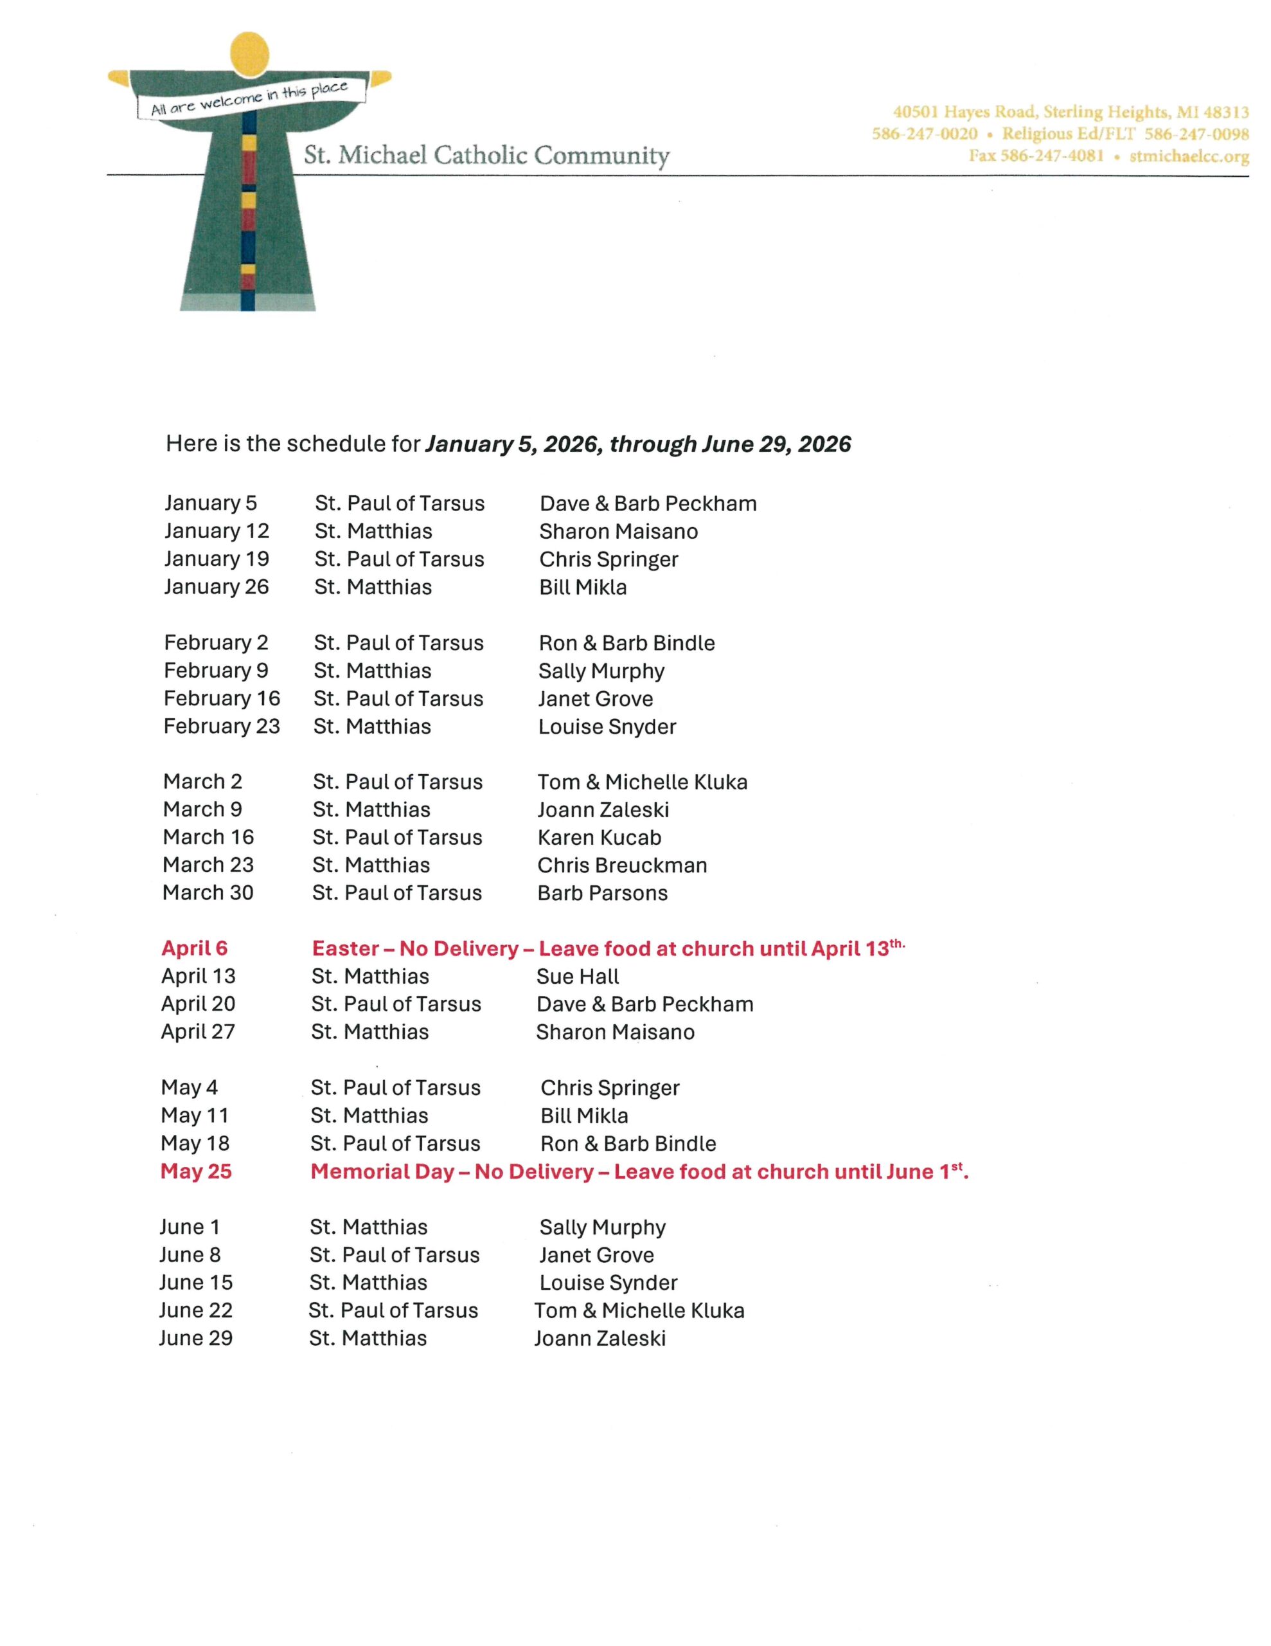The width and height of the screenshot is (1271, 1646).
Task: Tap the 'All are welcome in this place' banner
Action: coord(250,99)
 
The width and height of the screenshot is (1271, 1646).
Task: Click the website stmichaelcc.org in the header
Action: coord(1189,156)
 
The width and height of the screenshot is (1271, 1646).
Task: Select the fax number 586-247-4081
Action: coord(1052,156)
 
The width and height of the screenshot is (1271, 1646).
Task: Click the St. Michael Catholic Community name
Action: coord(486,155)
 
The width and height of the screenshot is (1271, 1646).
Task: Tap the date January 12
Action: coord(217,531)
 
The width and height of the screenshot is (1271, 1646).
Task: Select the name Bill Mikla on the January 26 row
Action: coord(582,587)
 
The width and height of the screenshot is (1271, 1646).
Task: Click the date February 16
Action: coord(222,699)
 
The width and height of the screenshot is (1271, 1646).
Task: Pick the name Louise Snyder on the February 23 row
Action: coord(607,727)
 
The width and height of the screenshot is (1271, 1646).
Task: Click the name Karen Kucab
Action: coord(599,837)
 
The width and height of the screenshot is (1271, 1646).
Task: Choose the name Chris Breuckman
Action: coord(621,865)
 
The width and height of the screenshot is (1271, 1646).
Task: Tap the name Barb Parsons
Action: coord(602,893)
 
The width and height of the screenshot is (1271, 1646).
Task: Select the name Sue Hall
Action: coord(577,977)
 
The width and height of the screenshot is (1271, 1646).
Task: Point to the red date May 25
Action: coord(196,1171)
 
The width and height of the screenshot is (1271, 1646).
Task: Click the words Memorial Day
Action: coord(382,1171)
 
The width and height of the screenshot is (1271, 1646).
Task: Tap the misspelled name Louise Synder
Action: coord(608,1283)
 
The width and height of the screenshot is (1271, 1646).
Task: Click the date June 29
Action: coord(196,1339)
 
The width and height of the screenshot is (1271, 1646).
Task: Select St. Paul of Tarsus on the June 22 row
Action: coord(393,1310)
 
